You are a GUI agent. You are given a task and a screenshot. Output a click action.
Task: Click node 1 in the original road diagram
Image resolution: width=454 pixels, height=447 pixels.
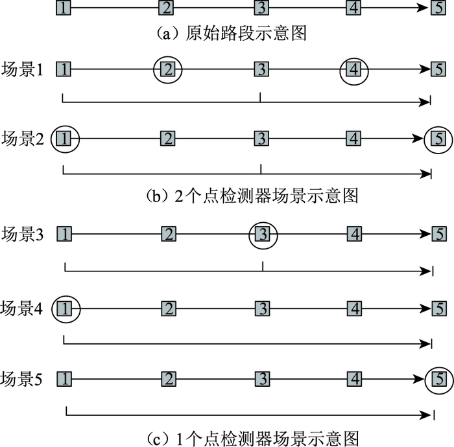point(62,8)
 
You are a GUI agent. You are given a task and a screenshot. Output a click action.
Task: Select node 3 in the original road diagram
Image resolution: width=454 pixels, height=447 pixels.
point(261,8)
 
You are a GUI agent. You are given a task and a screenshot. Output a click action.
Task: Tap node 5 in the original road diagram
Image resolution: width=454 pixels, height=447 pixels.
point(438,8)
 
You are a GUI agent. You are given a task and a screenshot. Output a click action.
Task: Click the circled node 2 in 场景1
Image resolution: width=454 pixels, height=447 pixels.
point(168,69)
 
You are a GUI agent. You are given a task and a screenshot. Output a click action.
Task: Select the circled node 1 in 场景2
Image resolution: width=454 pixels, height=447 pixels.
point(64,138)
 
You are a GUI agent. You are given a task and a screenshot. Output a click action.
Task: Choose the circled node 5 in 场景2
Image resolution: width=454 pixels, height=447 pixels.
point(438,138)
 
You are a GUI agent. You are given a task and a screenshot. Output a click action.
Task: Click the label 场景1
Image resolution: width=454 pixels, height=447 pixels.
point(23,69)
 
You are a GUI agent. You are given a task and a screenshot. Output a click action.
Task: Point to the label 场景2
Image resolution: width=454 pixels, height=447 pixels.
point(23,138)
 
